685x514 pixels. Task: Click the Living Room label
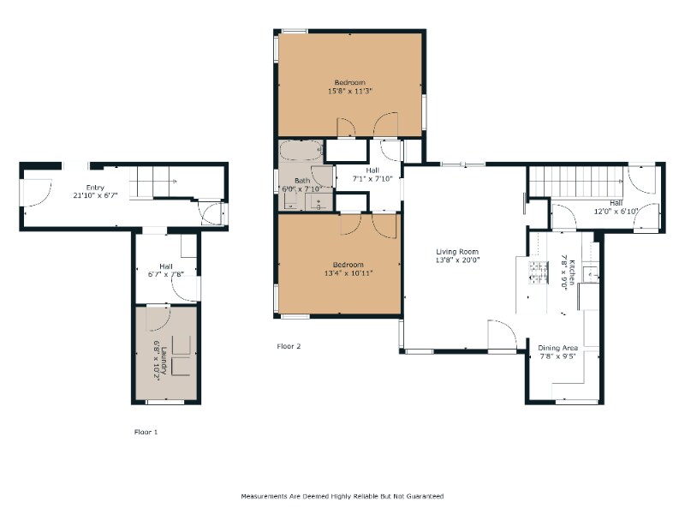coord(457,251)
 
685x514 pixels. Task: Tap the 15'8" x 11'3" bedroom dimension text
coord(350,92)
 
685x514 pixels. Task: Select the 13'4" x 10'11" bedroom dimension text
coord(348,273)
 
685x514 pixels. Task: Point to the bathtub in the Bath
coord(301,151)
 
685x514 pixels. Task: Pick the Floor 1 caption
coord(146,432)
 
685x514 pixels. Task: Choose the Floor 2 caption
coord(289,346)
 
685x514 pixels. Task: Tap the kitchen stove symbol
coord(539,272)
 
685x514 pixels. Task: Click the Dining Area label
coord(558,348)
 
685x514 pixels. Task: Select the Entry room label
coord(95,188)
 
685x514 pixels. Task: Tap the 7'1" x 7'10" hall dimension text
coord(372,178)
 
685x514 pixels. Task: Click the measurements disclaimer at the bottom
coord(342,496)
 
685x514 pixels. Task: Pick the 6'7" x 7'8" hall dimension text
coord(166,274)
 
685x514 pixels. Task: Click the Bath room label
coord(302,180)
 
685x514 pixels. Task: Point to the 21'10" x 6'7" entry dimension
coord(95,195)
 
